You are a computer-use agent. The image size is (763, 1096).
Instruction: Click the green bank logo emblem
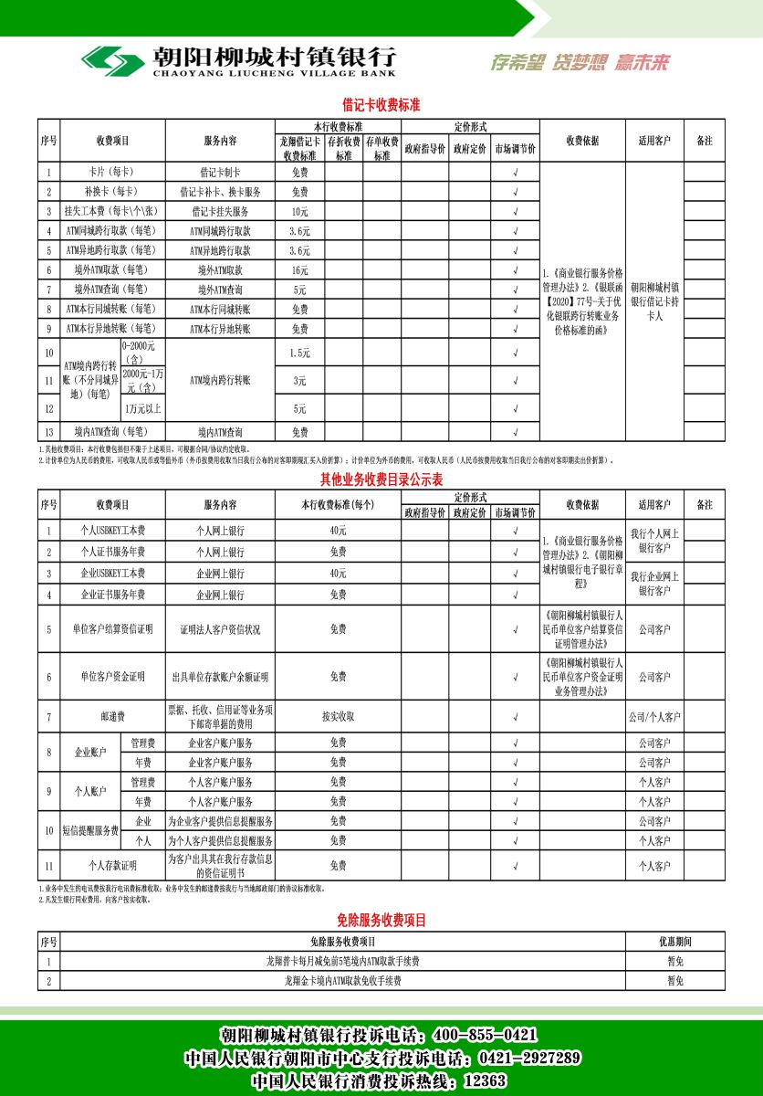point(111,61)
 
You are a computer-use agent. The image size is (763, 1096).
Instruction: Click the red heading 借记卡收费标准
point(381,105)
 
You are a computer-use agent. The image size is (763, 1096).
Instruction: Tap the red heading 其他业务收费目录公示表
point(381,479)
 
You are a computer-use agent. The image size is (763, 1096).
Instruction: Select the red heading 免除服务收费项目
point(381,921)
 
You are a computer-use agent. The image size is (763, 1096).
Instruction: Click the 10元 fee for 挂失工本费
point(300,211)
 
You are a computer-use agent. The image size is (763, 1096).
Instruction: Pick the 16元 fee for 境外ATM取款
point(300,270)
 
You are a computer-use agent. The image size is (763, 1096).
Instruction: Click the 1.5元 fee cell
point(300,353)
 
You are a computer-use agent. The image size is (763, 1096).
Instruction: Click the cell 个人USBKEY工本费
point(112,531)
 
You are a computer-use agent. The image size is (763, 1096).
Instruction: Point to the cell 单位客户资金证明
point(112,677)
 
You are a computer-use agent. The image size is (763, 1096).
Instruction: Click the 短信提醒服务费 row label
point(90,830)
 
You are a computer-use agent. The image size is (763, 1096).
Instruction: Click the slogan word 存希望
point(517,62)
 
